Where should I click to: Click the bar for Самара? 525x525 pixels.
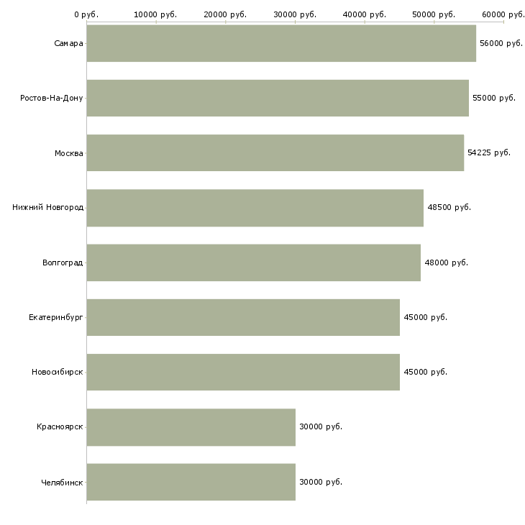[280, 43]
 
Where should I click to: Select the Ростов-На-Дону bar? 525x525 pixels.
[277, 98]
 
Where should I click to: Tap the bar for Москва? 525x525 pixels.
[275, 152]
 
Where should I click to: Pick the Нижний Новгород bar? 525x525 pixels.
[255, 208]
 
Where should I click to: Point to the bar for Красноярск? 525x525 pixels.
[191, 427]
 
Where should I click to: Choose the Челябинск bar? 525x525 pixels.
[191, 482]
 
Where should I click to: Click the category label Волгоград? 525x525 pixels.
[63, 262]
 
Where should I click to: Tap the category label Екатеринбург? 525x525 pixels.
[56, 317]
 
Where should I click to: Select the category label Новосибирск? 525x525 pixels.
[57, 372]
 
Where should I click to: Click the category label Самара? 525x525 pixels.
[68, 43]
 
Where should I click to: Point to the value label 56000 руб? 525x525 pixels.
[501, 43]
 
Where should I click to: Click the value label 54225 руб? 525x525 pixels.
[489, 152]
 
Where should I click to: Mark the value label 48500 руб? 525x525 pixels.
[449, 207]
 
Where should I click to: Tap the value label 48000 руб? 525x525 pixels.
[446, 262]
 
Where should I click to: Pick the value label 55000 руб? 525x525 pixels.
[493, 98]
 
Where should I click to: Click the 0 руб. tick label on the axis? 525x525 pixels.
[86, 14]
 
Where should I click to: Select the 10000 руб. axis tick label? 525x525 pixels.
[155, 14]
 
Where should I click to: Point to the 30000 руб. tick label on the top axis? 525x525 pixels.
[295, 14]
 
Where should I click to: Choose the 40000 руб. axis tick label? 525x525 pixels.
[365, 14]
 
